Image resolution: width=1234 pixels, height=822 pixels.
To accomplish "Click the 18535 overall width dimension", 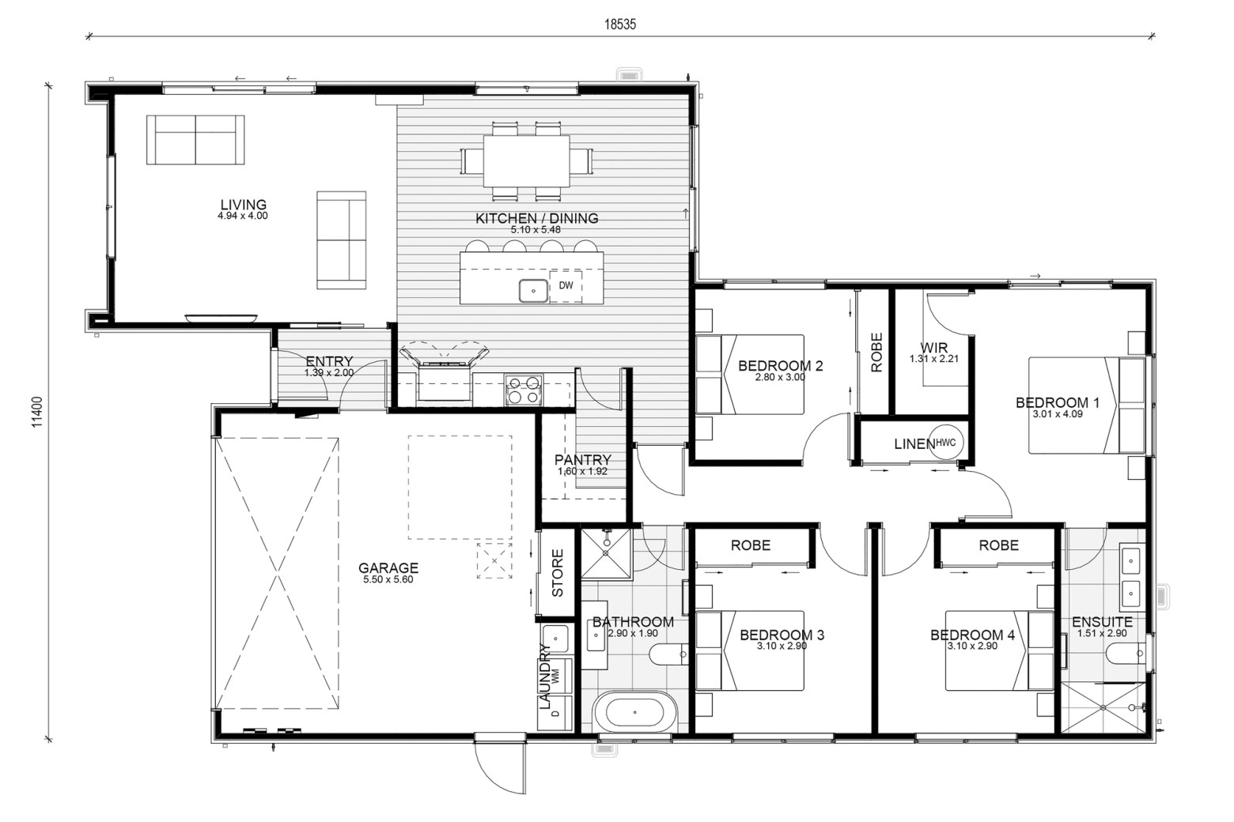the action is coord(619,25).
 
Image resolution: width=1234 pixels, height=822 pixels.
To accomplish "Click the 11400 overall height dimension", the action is coord(37,413).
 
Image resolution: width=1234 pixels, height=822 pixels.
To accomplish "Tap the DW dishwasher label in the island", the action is coord(566,285).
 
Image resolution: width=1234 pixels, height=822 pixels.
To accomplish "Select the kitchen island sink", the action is coord(533,290).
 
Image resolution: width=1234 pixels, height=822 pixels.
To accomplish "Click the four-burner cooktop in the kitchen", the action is coord(524,390).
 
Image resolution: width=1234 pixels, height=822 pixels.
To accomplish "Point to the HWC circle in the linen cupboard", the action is coord(946,442).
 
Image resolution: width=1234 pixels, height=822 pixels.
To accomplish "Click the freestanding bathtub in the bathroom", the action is coord(634,712).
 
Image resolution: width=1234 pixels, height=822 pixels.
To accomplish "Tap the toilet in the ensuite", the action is coord(1125,654).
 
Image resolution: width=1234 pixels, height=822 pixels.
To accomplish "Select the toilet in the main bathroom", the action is coord(668,654).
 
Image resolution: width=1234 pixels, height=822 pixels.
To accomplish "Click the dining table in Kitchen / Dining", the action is coord(526,161).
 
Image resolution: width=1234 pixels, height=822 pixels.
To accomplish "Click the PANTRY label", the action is coord(582,460).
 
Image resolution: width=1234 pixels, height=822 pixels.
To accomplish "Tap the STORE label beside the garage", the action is coord(558,572).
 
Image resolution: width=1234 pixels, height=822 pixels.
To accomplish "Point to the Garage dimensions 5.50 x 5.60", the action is coord(388,579).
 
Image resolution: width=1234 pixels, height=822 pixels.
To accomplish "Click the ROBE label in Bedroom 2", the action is coord(876,353).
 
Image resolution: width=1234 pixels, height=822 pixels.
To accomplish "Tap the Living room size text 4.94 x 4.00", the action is coord(242,216).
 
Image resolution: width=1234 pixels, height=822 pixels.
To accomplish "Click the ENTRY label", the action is coord(329,361).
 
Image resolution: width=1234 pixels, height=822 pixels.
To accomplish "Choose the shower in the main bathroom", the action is coord(606,554).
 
